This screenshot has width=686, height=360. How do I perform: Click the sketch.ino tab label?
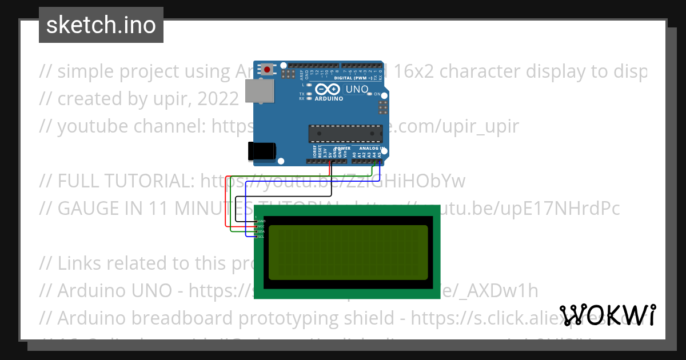(x=101, y=25)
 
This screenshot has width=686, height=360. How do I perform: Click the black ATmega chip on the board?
(x=345, y=133)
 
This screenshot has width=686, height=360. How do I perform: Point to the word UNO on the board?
(x=357, y=89)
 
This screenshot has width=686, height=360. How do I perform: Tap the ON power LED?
(x=370, y=94)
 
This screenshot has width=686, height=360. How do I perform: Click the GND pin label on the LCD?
(x=261, y=221)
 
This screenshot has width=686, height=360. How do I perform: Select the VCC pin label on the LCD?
(x=261, y=226)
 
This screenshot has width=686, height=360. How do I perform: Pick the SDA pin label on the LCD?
(x=261, y=231)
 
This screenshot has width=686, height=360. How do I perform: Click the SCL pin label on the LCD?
(x=261, y=237)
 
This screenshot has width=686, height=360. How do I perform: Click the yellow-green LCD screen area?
(x=348, y=252)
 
